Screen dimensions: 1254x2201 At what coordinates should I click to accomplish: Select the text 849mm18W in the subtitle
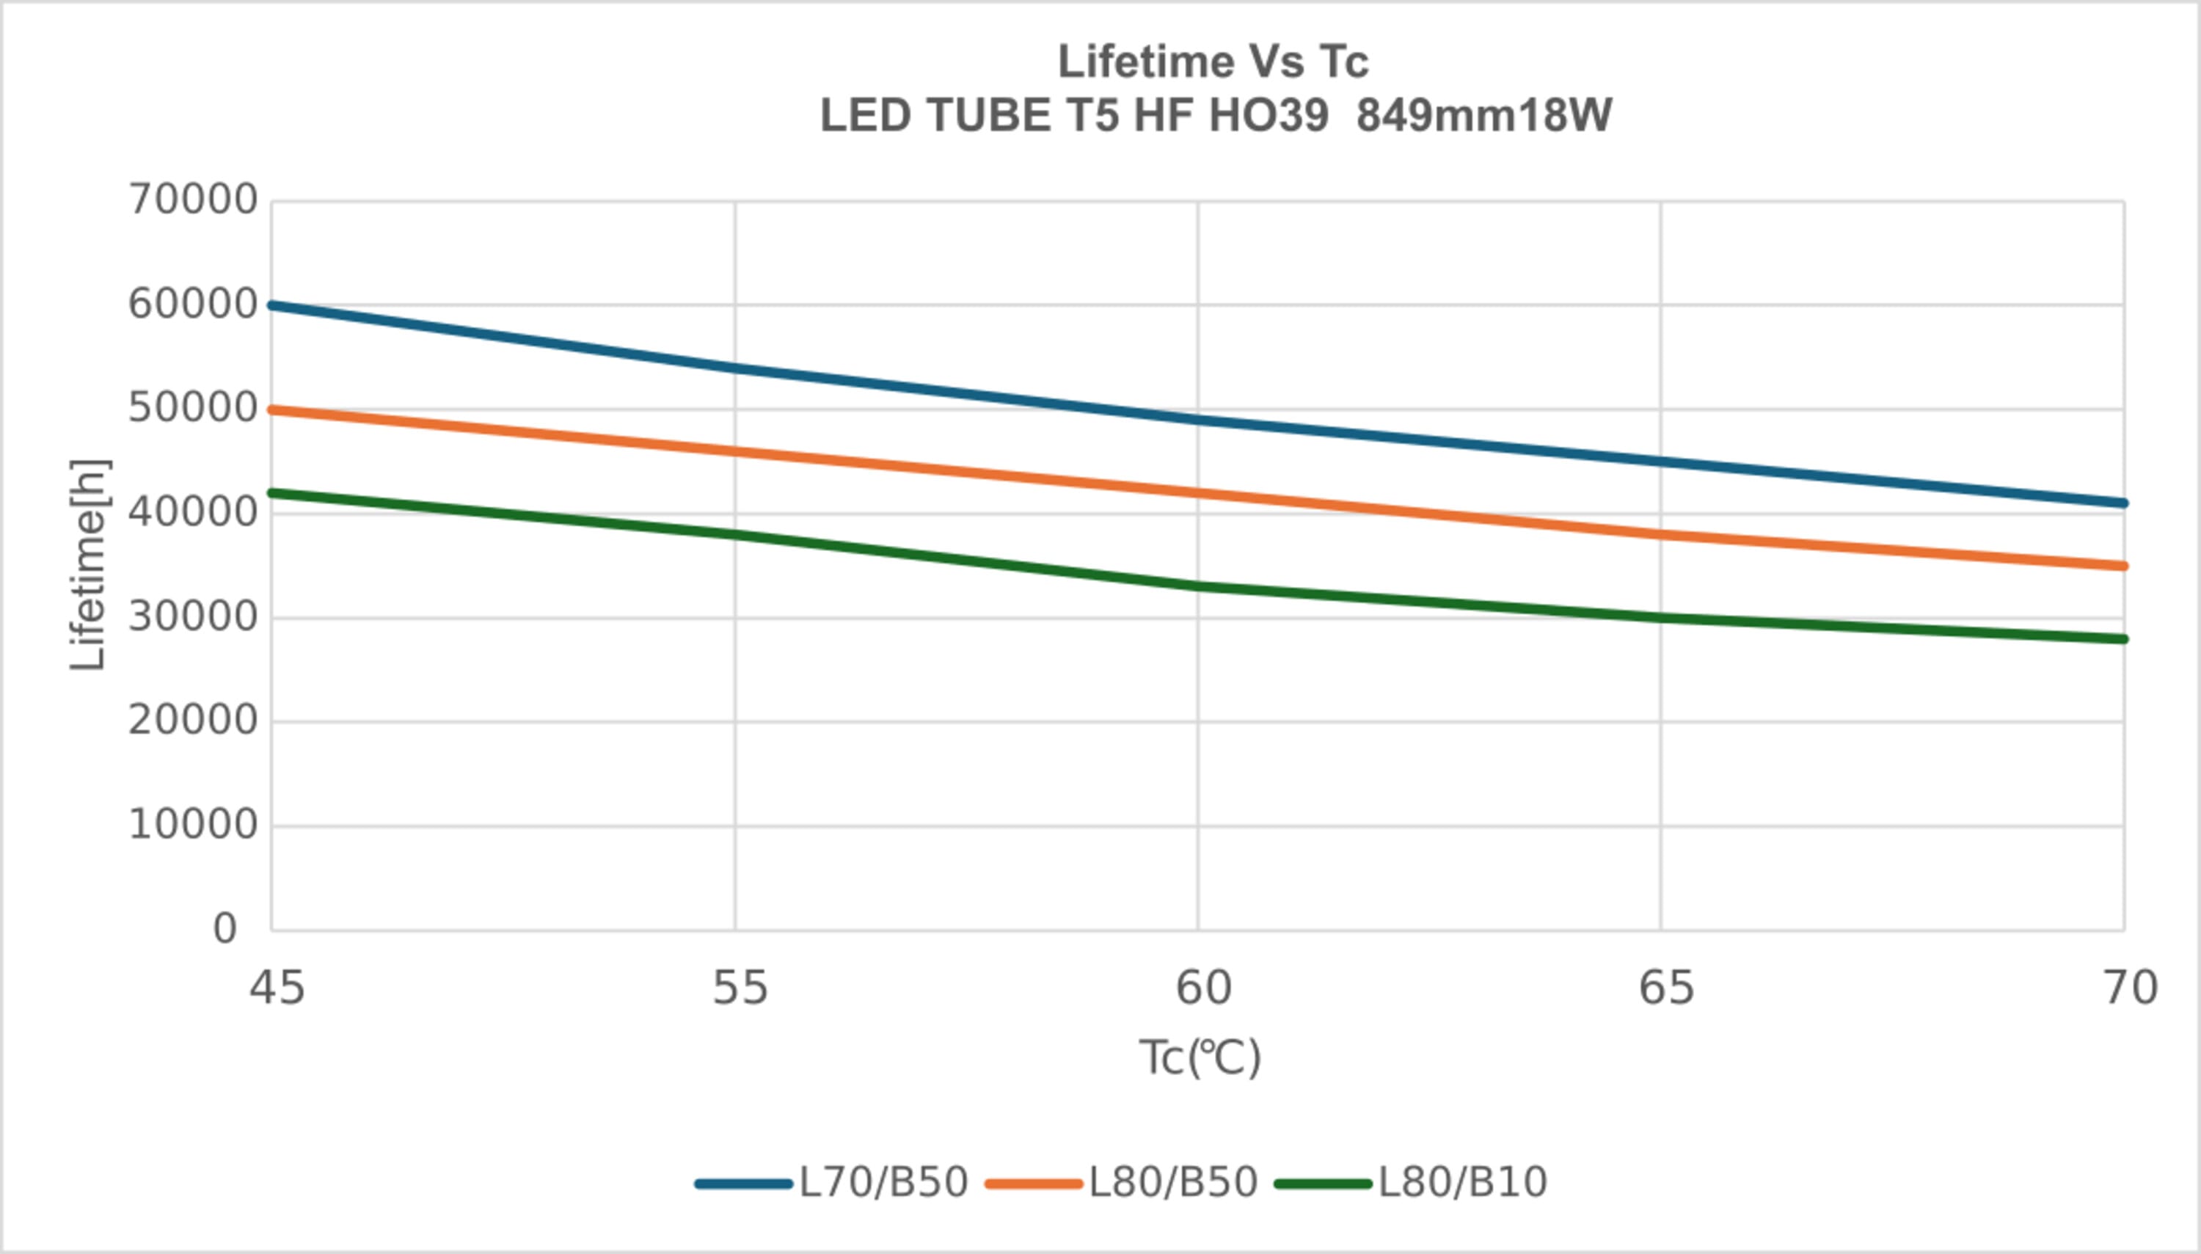point(1483,115)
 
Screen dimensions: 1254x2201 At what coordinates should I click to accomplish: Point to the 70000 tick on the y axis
point(193,200)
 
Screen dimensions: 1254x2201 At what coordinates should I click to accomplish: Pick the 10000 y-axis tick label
point(193,825)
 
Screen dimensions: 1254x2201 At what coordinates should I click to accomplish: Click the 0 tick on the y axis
point(225,929)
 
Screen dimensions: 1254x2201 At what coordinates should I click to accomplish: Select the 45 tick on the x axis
point(277,988)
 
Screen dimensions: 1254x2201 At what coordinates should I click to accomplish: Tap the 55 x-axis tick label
point(739,988)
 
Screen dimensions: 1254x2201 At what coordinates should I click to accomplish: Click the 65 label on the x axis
point(1665,988)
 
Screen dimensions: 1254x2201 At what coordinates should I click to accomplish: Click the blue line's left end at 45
point(273,306)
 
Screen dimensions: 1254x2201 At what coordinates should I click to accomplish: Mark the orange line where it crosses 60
point(1198,492)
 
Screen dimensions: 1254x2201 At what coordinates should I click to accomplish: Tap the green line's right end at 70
point(2122,639)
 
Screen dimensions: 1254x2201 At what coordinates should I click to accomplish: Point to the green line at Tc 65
point(1660,618)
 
